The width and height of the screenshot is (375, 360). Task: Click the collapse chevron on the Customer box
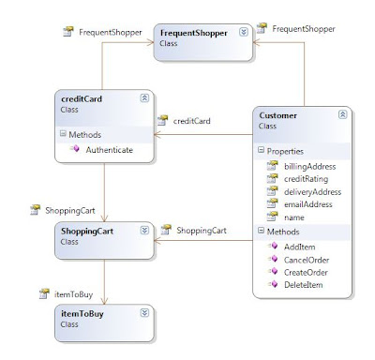(x=342, y=113)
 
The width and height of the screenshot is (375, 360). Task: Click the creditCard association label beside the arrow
(x=192, y=120)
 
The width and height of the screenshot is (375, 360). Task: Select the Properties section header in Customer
(x=284, y=150)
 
